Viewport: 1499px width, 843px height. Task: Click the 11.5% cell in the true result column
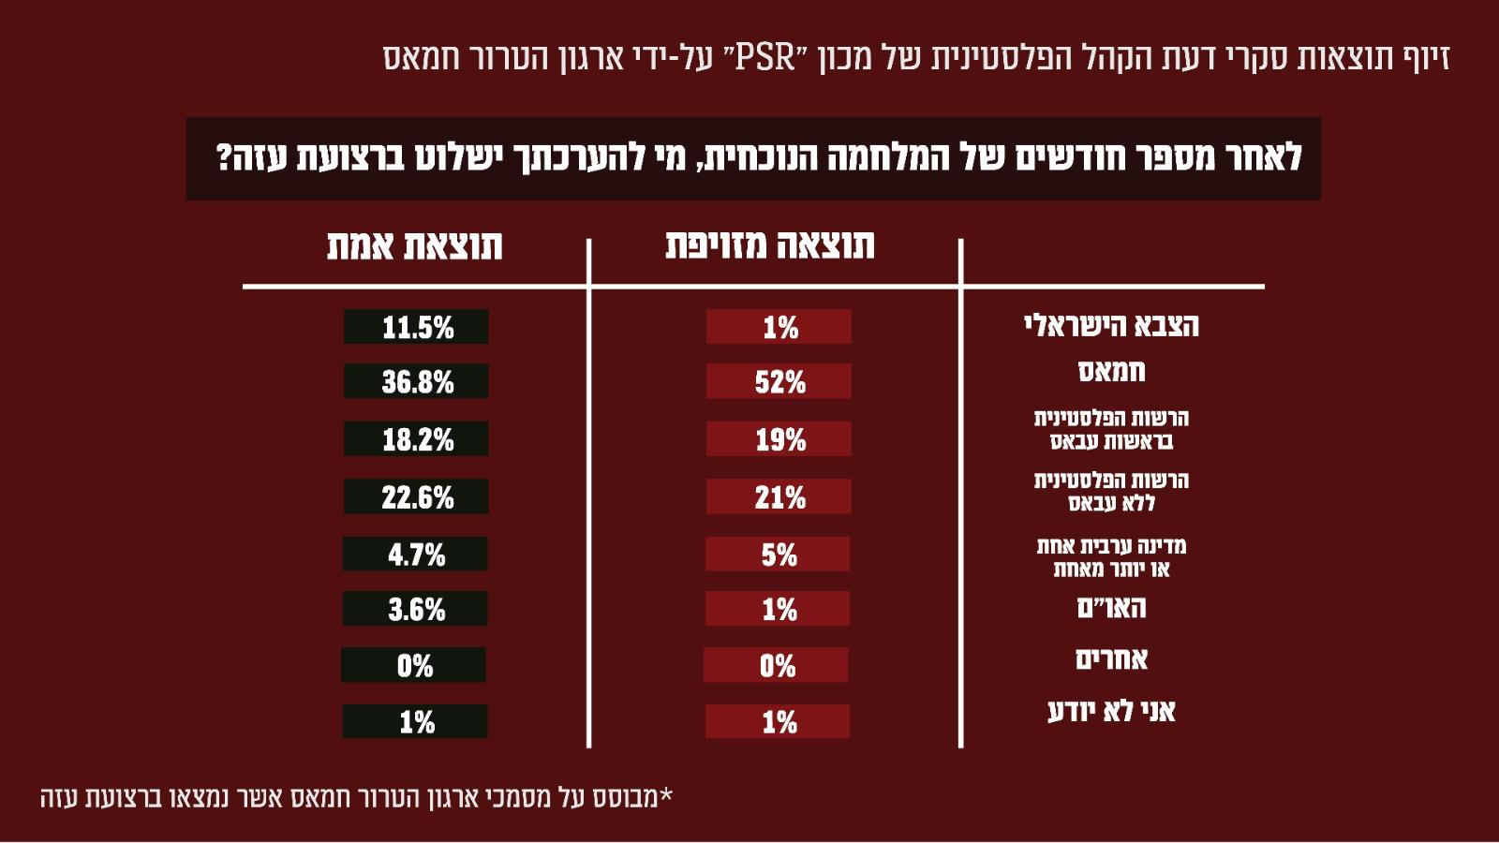416,327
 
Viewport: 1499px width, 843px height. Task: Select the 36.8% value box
416,381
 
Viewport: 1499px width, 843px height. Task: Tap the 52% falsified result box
779,381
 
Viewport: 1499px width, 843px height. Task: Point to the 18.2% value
416,439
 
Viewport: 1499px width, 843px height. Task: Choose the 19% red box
779,439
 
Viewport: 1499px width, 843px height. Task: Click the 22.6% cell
416,496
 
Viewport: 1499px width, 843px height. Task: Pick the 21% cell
779,496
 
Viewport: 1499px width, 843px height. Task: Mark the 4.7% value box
415,555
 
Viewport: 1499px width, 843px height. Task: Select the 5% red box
778,555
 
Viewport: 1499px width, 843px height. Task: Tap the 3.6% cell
415,609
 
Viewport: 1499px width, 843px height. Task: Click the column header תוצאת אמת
414,245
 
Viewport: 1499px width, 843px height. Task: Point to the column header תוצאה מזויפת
769,244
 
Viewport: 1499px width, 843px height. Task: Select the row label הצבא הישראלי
1111,325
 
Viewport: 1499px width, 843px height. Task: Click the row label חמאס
1111,371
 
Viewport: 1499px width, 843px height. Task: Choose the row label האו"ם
1111,608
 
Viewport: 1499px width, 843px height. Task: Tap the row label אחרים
1111,659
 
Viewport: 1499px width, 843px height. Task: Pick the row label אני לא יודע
1111,711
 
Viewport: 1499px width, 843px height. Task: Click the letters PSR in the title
765,57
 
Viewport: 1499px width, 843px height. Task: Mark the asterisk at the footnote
666,795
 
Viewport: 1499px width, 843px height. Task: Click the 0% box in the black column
413,665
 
